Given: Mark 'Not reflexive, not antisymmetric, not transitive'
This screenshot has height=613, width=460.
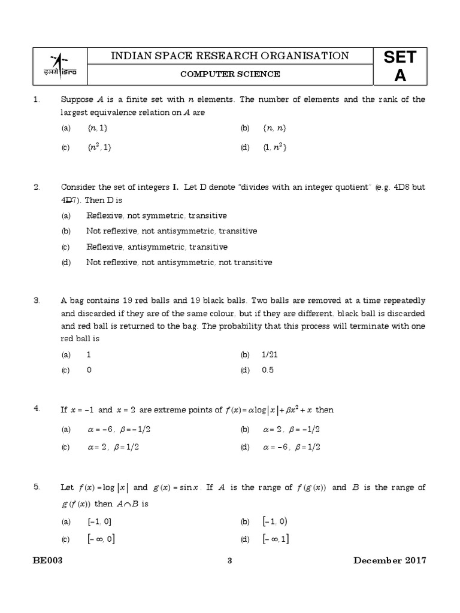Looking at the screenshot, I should [178, 262].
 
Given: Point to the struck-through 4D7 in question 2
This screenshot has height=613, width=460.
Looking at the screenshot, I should [70, 200].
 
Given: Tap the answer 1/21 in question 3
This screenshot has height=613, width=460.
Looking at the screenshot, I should [270, 354].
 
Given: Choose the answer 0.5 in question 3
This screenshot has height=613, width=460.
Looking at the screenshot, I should [268, 370].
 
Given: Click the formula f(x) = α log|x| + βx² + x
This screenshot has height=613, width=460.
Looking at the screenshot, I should [268, 410].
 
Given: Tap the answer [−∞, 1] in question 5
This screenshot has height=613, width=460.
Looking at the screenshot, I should [276, 539].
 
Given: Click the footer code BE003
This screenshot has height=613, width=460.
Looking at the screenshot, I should [48, 560].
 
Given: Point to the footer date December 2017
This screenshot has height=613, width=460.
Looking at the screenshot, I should [389, 560].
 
